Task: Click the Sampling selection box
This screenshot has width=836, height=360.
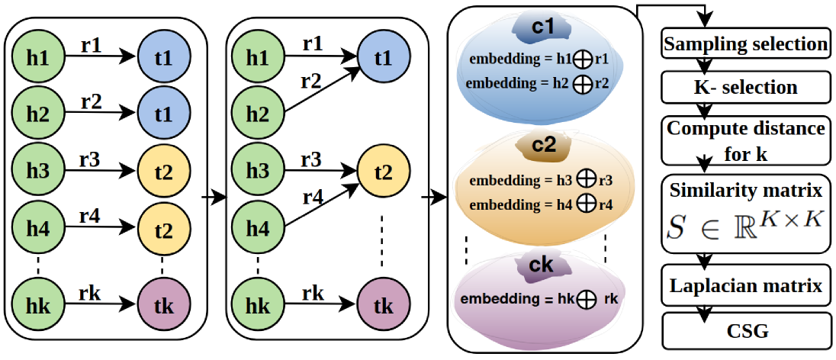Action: coord(746,44)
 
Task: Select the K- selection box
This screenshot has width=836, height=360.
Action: coord(746,87)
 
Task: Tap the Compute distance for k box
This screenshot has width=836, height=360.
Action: coord(746,140)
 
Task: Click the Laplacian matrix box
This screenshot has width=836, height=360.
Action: coord(746,286)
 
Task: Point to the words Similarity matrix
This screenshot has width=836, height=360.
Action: coord(746,188)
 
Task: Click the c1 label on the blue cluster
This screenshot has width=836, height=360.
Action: coord(543,29)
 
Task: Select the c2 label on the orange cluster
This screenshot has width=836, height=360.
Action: coord(543,144)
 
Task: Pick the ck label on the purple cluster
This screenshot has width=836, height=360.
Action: coord(543,265)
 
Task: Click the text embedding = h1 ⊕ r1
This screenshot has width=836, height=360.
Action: coord(539,59)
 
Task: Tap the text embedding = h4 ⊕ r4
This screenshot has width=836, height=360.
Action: coord(540,204)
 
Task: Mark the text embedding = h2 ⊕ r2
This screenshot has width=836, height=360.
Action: coord(539,82)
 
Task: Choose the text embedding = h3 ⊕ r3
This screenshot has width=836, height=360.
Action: coord(540,182)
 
